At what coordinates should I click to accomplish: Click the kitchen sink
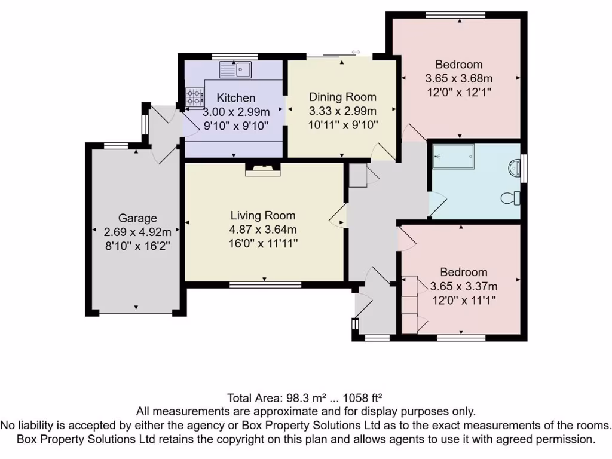pyautogui.click(x=236, y=70)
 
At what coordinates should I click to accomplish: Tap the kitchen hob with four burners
pyautogui.click(x=195, y=97)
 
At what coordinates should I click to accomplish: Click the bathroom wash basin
pyautogui.click(x=514, y=167)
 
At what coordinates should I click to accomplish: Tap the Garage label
pyautogui.click(x=137, y=218)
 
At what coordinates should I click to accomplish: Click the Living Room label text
pyautogui.click(x=263, y=215)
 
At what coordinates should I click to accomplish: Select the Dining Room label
pyautogui.click(x=342, y=97)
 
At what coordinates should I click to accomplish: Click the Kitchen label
pyautogui.click(x=236, y=98)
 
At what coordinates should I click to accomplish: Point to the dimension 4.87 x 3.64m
pyautogui.click(x=263, y=229)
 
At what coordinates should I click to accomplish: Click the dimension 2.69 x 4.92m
pyautogui.click(x=137, y=232)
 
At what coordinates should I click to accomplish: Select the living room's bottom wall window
pyautogui.click(x=265, y=284)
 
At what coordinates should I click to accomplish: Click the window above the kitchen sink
pyautogui.click(x=235, y=57)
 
